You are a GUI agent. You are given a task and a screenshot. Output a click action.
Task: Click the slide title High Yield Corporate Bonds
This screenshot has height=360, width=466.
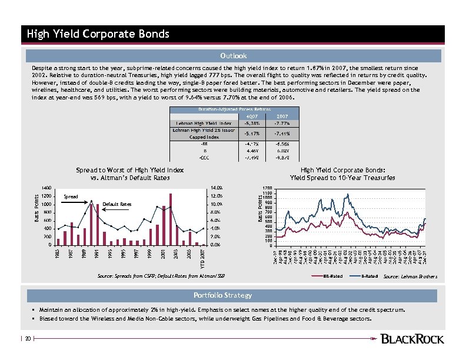pos(98,34)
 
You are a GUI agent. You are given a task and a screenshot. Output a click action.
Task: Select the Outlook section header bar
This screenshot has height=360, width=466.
pos(233,56)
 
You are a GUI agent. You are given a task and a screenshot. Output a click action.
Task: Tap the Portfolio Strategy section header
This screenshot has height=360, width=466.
pos(233,295)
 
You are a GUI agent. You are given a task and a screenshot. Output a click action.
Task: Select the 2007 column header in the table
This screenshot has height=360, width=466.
pos(282,116)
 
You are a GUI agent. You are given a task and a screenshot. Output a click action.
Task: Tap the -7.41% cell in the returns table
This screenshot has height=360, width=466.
pos(282,133)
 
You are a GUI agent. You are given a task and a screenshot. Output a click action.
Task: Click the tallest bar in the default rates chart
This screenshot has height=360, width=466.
pos(171,219)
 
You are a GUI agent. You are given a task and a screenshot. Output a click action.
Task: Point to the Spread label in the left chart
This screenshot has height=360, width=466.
pos(71,196)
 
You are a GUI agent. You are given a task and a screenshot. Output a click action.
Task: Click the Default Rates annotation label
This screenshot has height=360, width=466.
pos(117,204)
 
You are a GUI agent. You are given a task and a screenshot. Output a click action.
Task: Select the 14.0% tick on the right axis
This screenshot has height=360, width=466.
pos(215,188)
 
